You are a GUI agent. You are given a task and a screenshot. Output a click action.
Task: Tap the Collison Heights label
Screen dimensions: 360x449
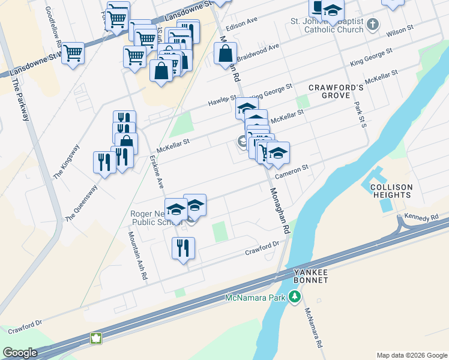tap(391, 191)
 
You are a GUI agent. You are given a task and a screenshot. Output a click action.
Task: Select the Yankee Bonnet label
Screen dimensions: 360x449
tap(311, 276)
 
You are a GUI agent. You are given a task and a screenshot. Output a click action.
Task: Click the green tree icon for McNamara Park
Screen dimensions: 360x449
tap(294, 296)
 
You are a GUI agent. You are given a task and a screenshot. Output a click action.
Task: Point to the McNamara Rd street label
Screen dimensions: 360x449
tap(312, 328)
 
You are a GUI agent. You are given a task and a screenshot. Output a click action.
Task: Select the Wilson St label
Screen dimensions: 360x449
tap(400, 29)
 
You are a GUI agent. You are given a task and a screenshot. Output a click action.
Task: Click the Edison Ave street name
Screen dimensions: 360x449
tap(241, 24)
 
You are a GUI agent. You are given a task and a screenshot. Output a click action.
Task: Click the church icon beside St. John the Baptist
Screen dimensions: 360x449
tap(373, 25)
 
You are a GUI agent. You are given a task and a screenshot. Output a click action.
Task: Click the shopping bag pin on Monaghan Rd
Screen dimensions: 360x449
tap(225, 53)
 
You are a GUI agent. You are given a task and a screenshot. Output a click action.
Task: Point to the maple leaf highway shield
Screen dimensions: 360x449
tap(95, 338)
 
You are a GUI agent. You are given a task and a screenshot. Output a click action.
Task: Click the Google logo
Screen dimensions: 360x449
tap(20, 352)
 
